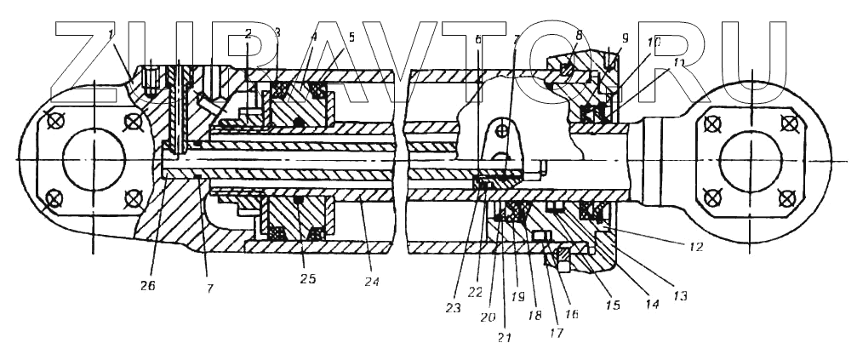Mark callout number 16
click(x=571, y=314)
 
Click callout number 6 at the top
click(x=479, y=39)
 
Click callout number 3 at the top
click(x=277, y=32)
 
